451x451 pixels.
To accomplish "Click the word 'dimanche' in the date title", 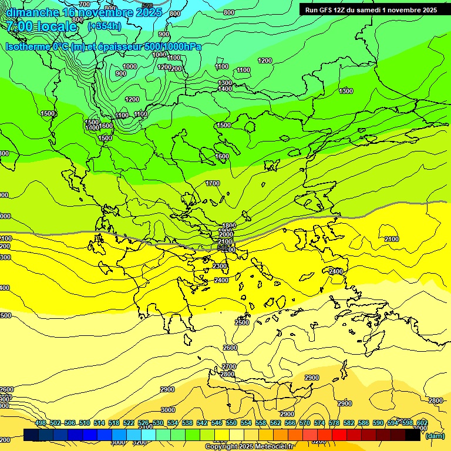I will point(29,12).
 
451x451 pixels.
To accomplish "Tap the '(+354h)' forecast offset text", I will point(104,26).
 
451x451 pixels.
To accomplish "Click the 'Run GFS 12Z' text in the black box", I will point(325,10).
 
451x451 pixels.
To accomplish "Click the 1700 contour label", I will point(213,184).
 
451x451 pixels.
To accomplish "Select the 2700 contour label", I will point(229,366).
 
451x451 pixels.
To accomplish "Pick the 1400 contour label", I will point(225,89).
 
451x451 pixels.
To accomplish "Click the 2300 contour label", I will point(220,267).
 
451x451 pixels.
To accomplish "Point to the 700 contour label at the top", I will point(85,4).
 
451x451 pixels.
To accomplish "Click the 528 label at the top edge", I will point(147,5).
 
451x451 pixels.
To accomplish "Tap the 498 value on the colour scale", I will point(41,423).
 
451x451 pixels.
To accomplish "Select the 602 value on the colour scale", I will point(422,423).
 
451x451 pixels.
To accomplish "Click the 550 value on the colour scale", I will point(231,423).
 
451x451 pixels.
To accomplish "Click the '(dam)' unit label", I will point(435,435).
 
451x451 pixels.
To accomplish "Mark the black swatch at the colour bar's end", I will point(413,435).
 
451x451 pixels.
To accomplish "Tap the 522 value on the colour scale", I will point(129,423).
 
